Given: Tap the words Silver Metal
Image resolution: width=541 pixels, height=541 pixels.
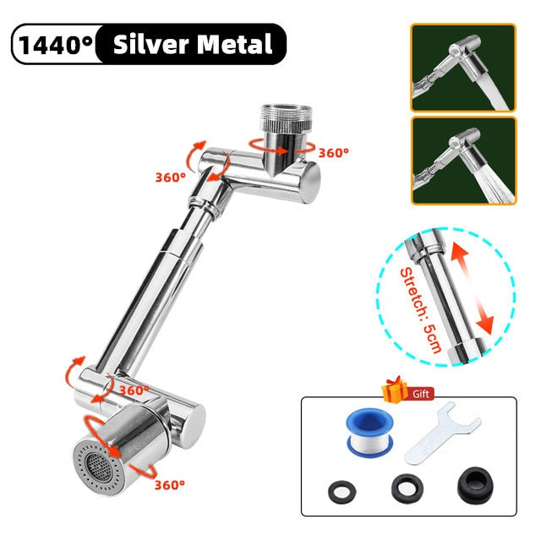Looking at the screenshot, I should point(194,44).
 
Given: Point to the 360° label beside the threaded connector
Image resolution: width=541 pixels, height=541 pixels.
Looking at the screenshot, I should point(334,153).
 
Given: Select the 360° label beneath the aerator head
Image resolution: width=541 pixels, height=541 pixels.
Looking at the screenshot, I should point(169,485).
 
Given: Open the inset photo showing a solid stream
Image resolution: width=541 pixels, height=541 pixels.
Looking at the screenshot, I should point(463,68).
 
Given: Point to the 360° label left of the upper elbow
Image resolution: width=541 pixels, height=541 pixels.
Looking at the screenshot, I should point(170,178).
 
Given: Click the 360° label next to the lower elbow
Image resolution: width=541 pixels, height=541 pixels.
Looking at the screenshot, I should point(134,391).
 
